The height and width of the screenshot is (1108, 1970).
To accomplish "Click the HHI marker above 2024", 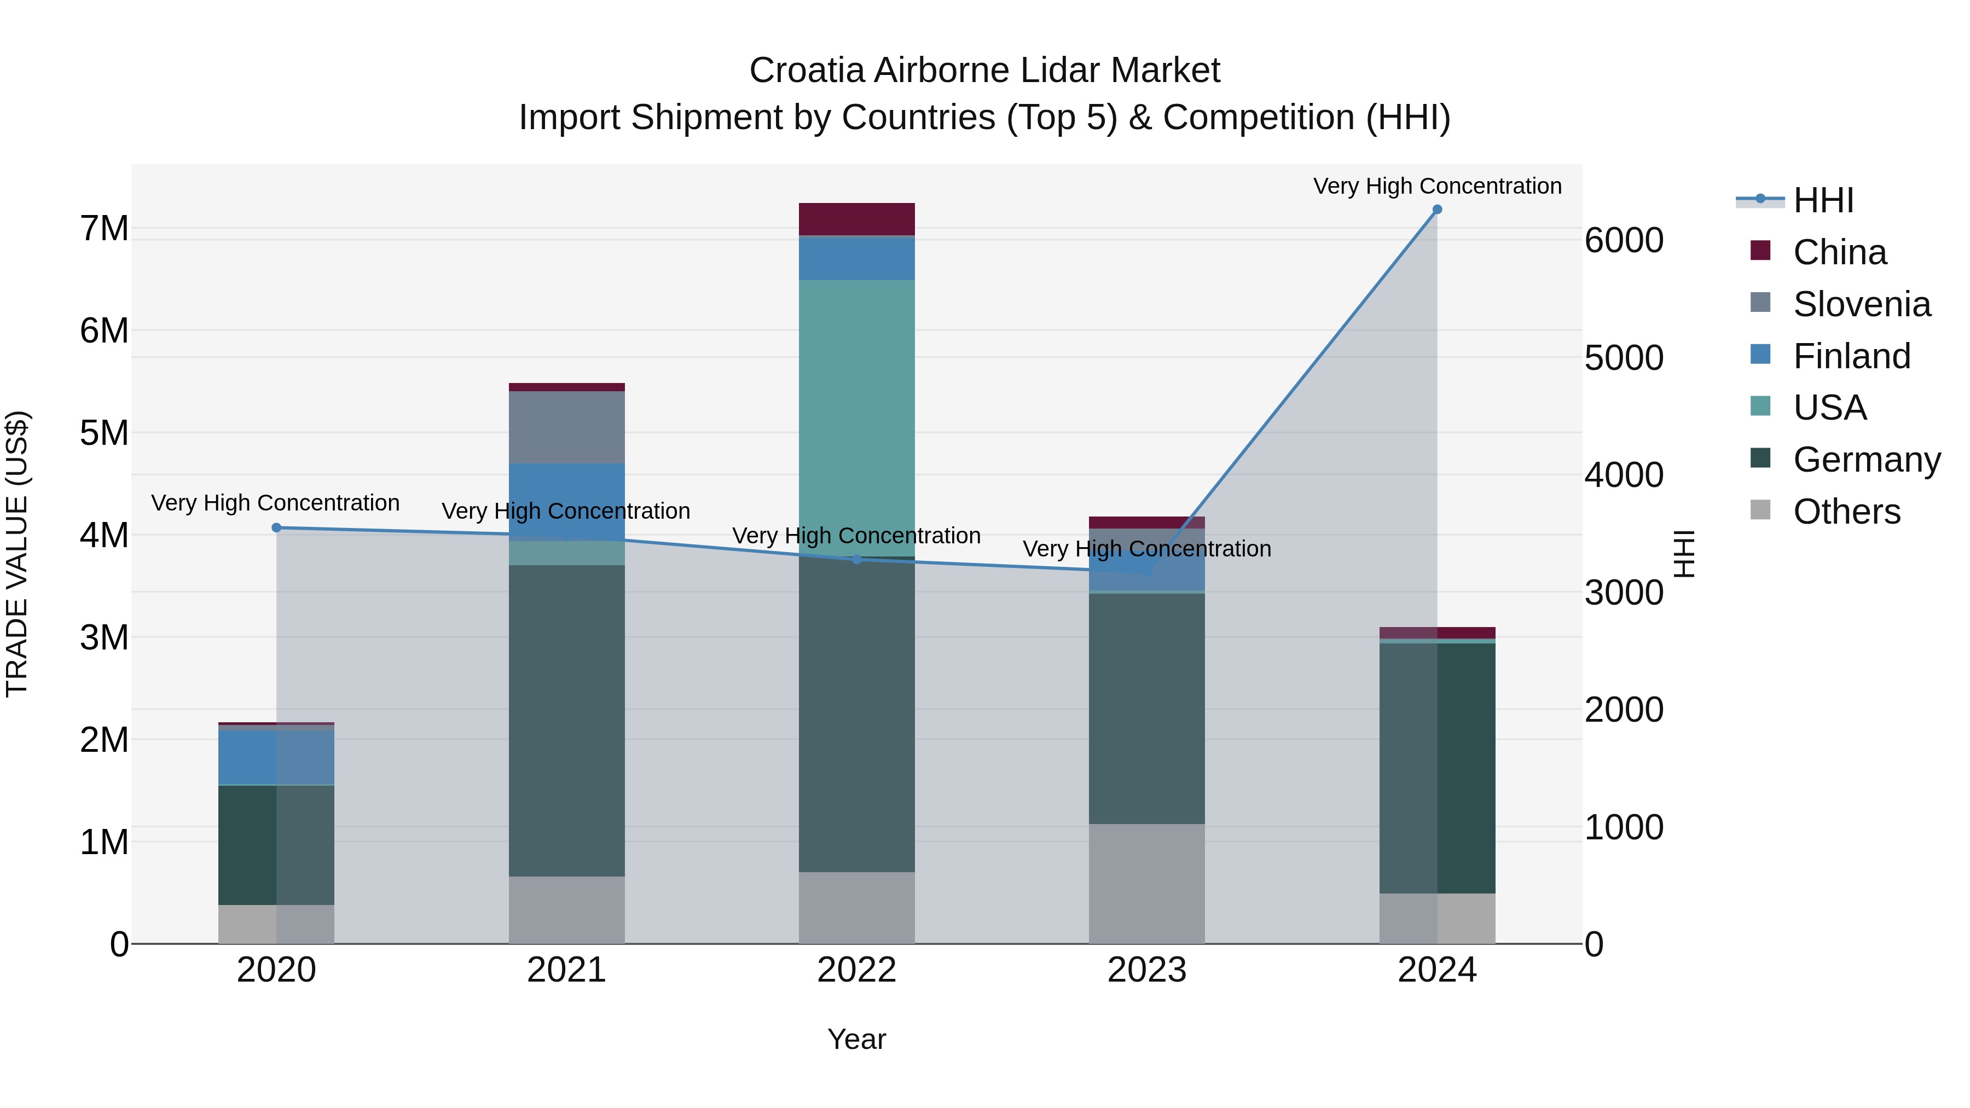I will tap(1437, 210).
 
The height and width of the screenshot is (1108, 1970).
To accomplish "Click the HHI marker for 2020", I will tap(277, 527).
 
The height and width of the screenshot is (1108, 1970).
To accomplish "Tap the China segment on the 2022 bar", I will tap(856, 219).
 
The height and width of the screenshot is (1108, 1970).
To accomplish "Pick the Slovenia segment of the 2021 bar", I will tap(567, 427).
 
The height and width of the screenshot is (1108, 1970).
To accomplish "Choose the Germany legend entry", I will tap(1866, 460).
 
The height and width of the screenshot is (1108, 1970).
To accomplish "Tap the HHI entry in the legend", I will tap(1823, 200).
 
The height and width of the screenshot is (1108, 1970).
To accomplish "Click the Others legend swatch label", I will tap(1846, 512).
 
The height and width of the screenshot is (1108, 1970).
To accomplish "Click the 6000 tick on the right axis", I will tap(1624, 240).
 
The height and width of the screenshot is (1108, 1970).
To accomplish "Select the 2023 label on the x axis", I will tap(1146, 970).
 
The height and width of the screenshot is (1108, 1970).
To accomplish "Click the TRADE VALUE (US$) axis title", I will tap(17, 554).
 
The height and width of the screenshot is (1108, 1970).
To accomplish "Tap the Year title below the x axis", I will tap(856, 1039).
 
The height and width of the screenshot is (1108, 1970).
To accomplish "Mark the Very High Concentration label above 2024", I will tap(1437, 186).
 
